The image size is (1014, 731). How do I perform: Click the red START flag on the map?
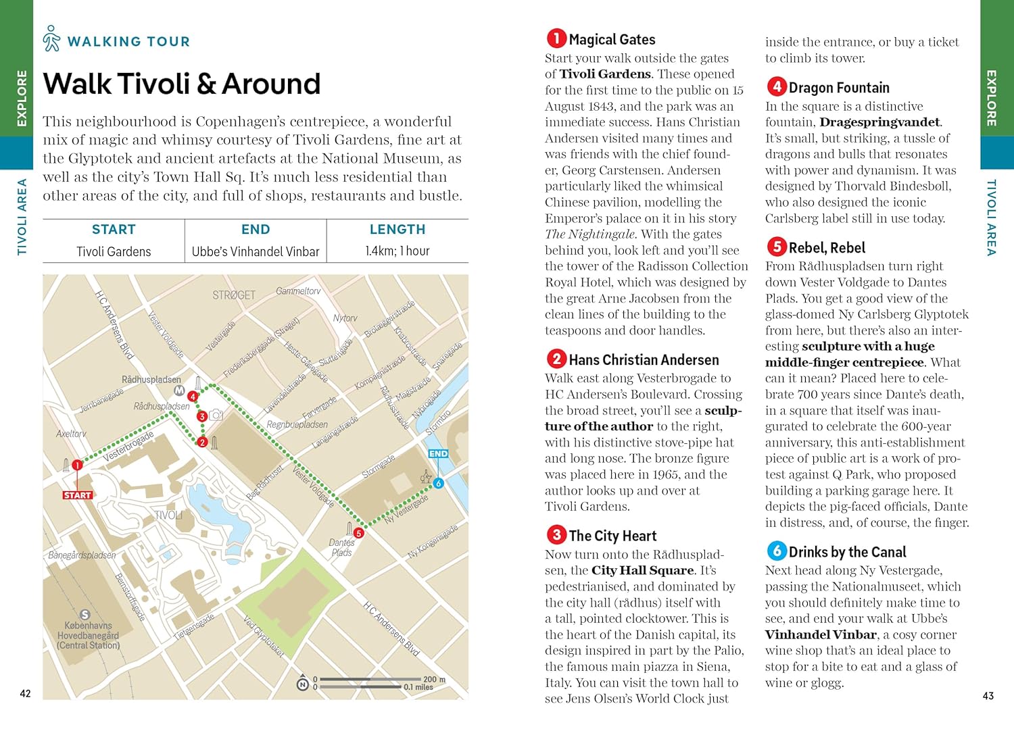coord(77,495)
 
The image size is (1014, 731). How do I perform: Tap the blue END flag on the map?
coord(438,454)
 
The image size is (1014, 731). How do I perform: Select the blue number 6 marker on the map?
coord(438,483)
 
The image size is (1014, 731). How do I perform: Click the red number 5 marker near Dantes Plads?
coord(359,533)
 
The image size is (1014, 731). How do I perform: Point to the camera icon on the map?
coord(216,415)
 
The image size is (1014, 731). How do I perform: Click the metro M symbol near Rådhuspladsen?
coord(179,390)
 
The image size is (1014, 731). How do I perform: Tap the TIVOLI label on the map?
coord(168,515)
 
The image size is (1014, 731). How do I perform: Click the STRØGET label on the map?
coord(234,295)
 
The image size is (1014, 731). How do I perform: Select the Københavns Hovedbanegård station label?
coord(88,635)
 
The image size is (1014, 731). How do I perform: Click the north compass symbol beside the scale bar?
coord(303,684)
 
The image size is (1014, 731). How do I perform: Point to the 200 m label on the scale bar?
coord(433,679)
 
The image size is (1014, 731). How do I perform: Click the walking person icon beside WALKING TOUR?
coord(51,39)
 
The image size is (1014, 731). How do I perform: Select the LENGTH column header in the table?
coord(397,230)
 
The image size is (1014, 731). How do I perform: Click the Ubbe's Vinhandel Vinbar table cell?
coord(256,251)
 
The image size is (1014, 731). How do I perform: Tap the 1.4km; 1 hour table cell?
coord(397,251)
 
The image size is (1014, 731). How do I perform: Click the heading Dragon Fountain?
coord(838,88)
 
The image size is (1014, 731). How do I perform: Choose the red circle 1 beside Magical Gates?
coord(556,39)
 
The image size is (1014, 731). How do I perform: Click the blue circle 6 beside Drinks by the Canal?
coord(776,551)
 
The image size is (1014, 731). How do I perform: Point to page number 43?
coord(988,695)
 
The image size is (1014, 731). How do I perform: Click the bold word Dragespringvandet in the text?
coord(879,122)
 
